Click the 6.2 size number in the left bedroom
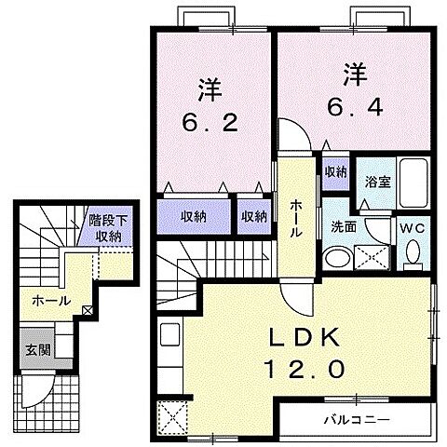click(211, 121)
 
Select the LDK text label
click(296, 338)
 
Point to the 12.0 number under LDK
click(298, 370)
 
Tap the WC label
click(412, 227)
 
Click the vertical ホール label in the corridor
click(295, 218)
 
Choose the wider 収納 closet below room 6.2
click(194, 216)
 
